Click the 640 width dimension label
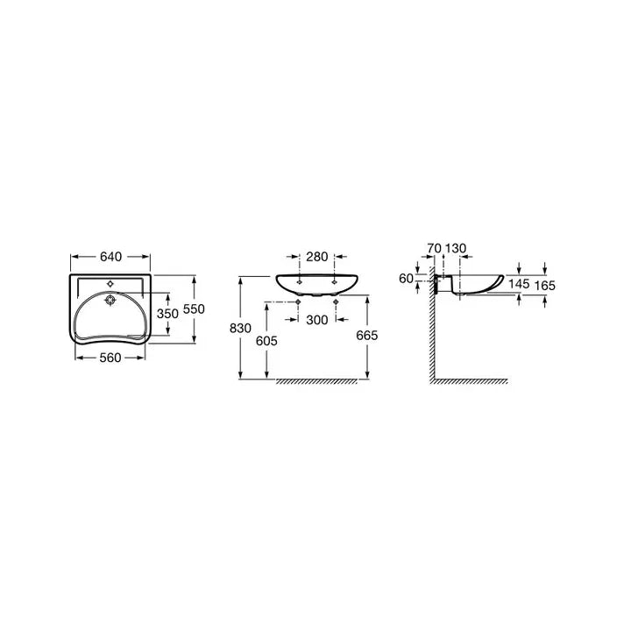click(x=110, y=257)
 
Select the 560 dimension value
click(x=110, y=358)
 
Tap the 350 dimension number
click(x=167, y=314)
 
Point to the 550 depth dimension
click(x=194, y=308)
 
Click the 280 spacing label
click(x=316, y=257)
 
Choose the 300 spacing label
click(x=317, y=320)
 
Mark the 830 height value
click(x=240, y=329)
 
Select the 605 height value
click(x=266, y=341)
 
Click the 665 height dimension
click(x=367, y=336)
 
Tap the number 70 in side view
click(x=434, y=248)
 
